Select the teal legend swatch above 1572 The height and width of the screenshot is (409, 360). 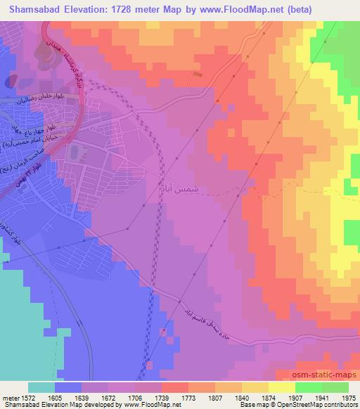coord(41,387)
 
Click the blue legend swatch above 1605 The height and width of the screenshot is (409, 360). coord(68,387)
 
